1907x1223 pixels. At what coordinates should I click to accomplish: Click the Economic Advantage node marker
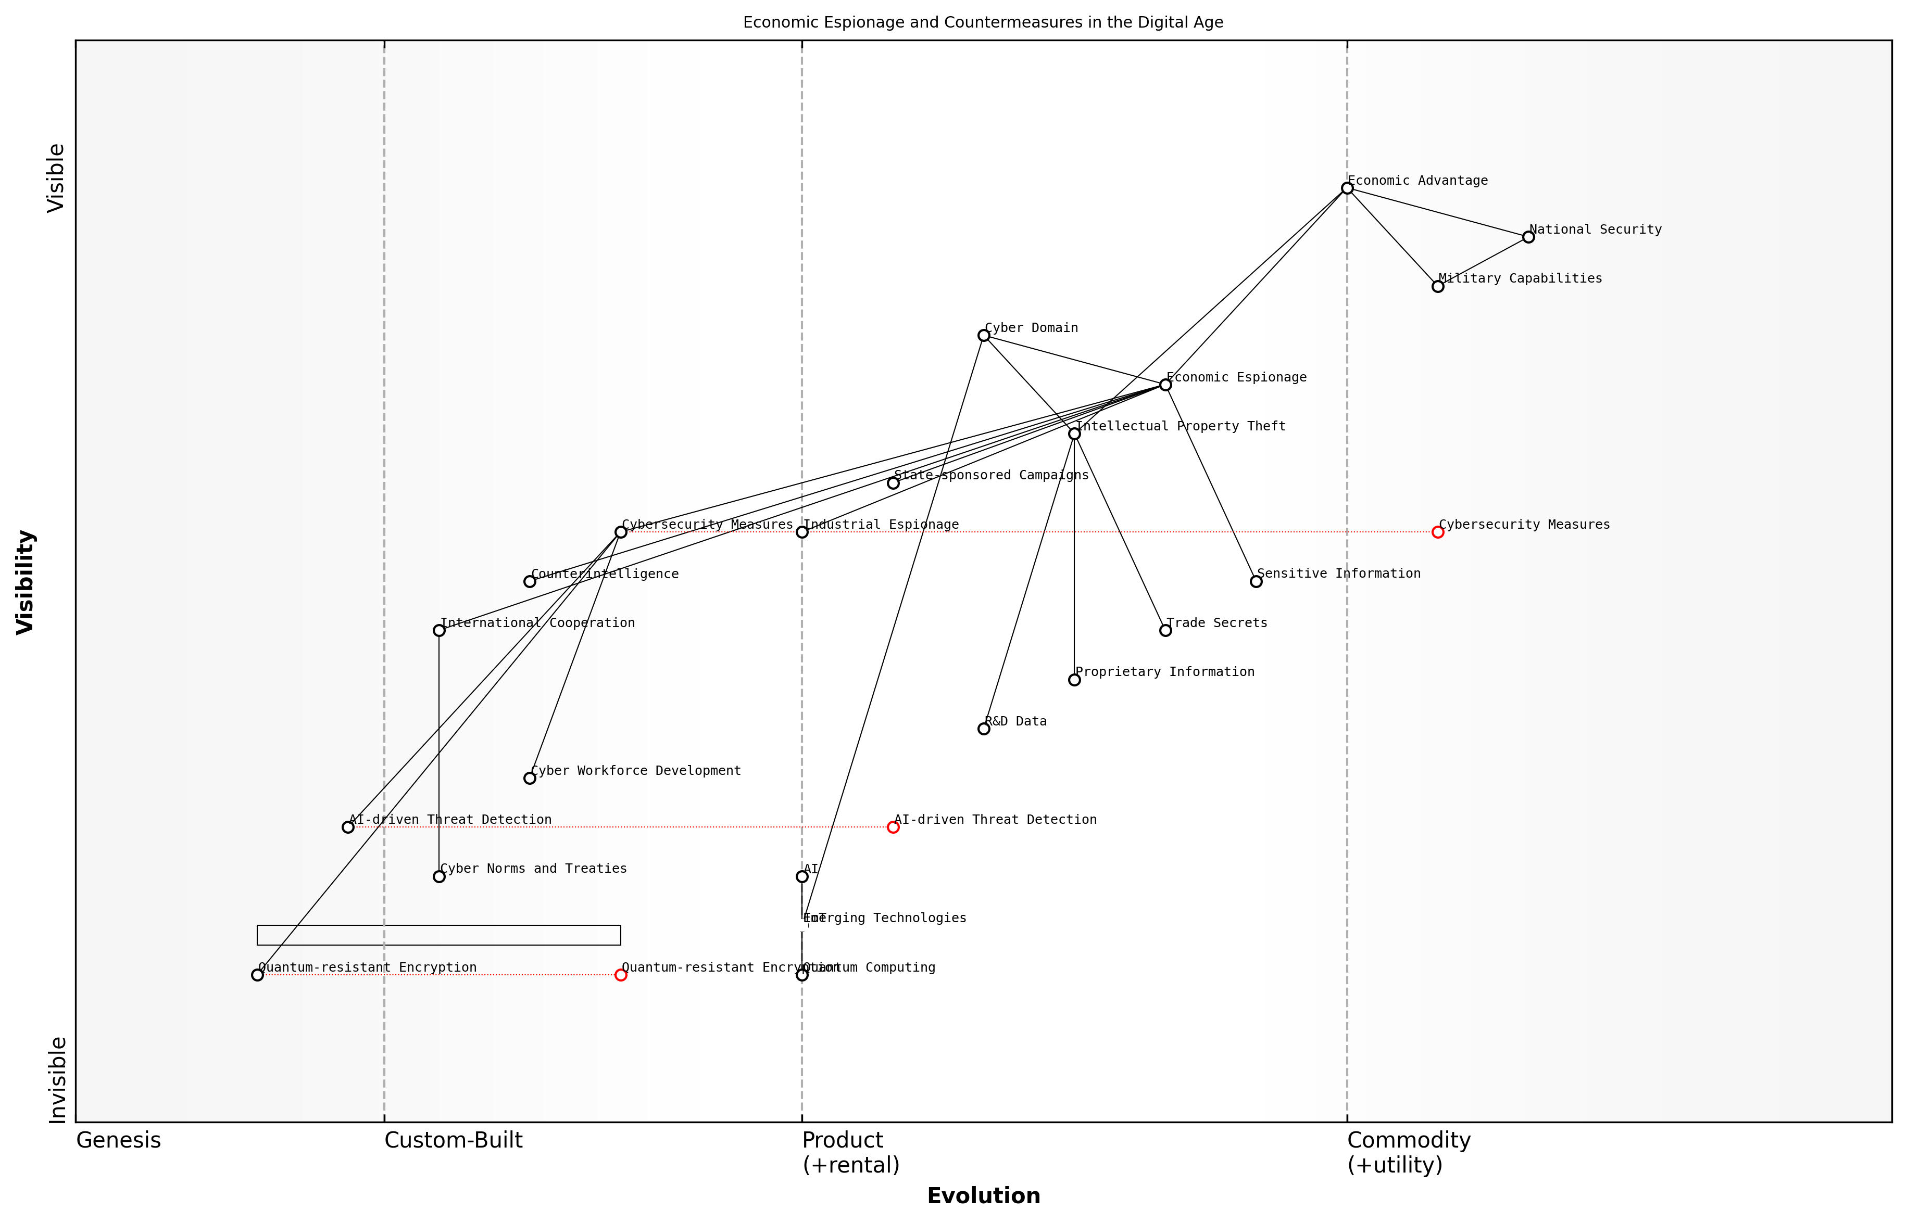pyautogui.click(x=1347, y=188)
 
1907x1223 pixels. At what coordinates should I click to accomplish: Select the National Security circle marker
pyautogui.click(x=1528, y=237)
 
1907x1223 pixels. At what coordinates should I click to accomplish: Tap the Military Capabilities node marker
pyautogui.click(x=1437, y=286)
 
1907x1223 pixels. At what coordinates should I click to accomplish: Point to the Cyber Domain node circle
pyautogui.click(x=984, y=335)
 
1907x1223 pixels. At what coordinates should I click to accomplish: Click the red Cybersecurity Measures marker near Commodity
pyautogui.click(x=1437, y=532)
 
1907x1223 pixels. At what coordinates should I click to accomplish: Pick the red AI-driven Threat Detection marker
pyautogui.click(x=893, y=827)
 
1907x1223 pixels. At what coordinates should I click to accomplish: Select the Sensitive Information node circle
pyautogui.click(x=1256, y=581)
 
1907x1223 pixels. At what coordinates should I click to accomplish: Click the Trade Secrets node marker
pyautogui.click(x=1165, y=631)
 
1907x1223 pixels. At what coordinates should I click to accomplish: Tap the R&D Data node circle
pyautogui.click(x=984, y=728)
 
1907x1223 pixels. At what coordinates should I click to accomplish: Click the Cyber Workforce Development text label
pyautogui.click(x=636, y=770)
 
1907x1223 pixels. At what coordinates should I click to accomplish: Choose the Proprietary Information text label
pyautogui.click(x=1165, y=672)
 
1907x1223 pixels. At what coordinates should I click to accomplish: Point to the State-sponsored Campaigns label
pyautogui.click(x=991, y=475)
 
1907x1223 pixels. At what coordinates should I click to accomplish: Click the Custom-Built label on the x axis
pyautogui.click(x=453, y=1140)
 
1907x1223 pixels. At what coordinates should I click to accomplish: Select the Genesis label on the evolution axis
pyautogui.click(x=118, y=1140)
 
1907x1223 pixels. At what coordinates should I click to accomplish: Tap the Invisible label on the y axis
pyautogui.click(x=57, y=1079)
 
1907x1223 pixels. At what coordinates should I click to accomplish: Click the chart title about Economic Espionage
pyautogui.click(x=983, y=22)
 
